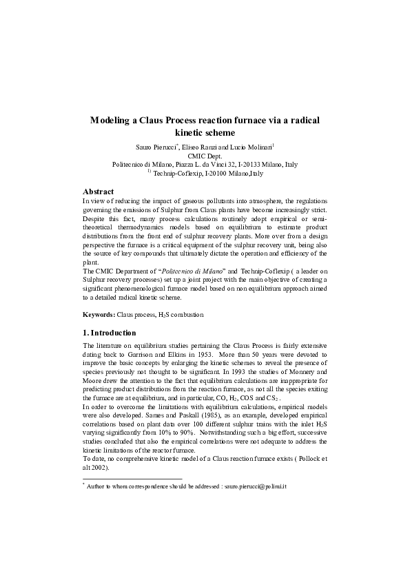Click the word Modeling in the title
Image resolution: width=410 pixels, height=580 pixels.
point(112,120)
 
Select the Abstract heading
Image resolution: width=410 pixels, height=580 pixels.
point(98,191)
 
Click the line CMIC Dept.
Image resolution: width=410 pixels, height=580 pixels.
point(205,156)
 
